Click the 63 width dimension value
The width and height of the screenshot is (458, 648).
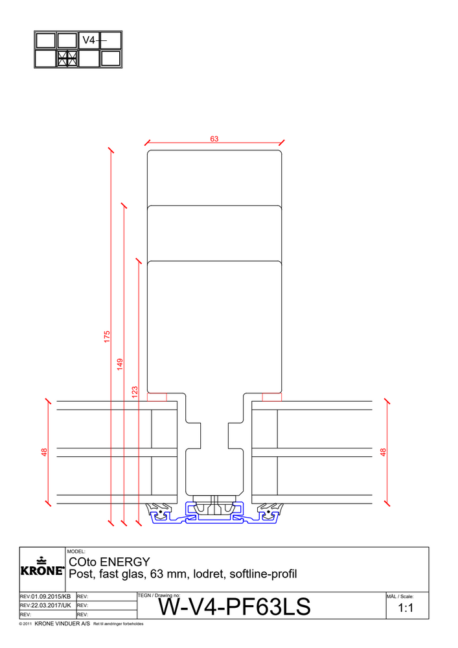pyautogui.click(x=214, y=138)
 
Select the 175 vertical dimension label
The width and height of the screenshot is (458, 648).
pyautogui.click(x=108, y=336)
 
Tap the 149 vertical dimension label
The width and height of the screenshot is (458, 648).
pyautogui.click(x=120, y=364)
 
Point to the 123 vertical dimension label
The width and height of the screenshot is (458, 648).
pyautogui.click(x=135, y=392)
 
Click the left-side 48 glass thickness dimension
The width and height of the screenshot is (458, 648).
pyautogui.click(x=45, y=452)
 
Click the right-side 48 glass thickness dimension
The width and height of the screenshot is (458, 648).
pyautogui.click(x=384, y=452)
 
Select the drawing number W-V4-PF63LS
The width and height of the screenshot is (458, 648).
pyautogui.click(x=235, y=607)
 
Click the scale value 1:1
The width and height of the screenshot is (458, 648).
pyautogui.click(x=406, y=608)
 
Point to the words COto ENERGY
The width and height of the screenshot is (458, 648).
pyautogui.click(x=109, y=561)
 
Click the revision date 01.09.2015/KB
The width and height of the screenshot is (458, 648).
pyautogui.click(x=45, y=596)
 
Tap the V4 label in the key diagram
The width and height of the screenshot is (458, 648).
pyautogui.click(x=89, y=40)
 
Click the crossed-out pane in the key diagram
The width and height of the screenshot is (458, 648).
pyautogui.click(x=67, y=58)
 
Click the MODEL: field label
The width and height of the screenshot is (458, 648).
pyautogui.click(x=76, y=551)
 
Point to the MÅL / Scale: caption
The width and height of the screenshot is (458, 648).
pyautogui.click(x=400, y=596)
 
